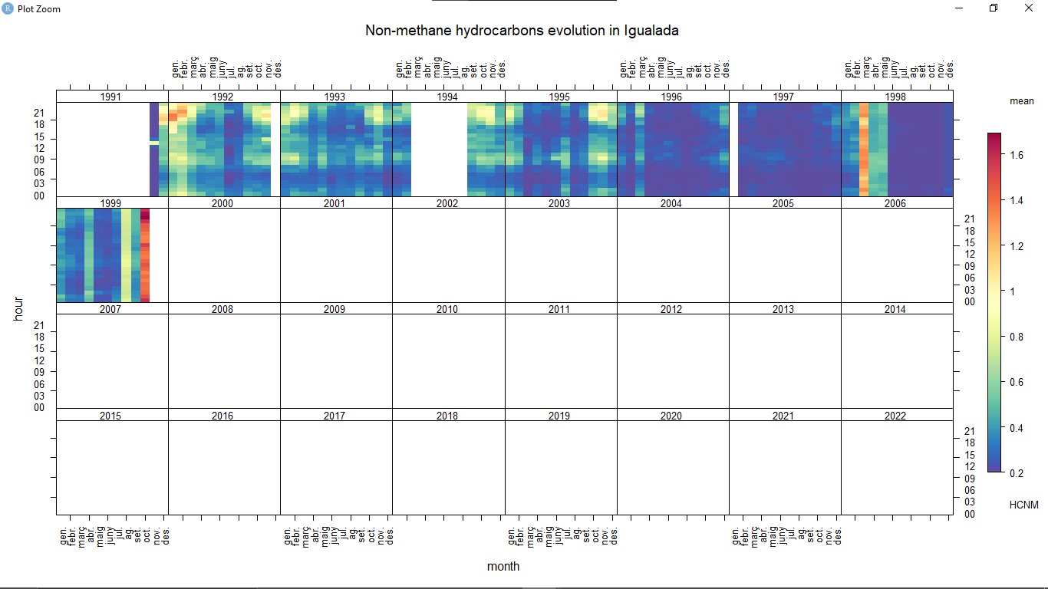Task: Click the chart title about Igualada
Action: tap(522, 31)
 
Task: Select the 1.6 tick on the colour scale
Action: tap(1017, 155)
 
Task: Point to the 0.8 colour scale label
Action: tap(1017, 337)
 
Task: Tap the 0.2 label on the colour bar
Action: tap(1017, 473)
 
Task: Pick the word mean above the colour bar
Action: tap(1021, 101)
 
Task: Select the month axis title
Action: tap(503, 567)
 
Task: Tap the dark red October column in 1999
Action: tap(145, 255)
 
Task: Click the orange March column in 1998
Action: tap(864, 150)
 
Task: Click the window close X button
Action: tap(1029, 8)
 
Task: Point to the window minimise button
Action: tap(959, 8)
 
